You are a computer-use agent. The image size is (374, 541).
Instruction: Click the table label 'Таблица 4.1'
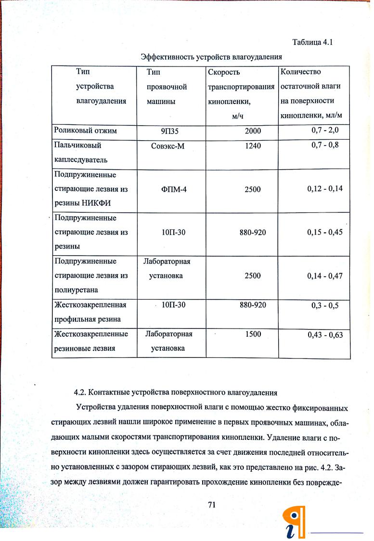[312, 42]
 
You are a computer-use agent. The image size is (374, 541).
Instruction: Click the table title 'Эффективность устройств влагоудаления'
[211, 57]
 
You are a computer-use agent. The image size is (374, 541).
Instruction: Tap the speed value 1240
[252, 145]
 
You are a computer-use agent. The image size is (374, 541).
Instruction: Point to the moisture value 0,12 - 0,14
[325, 188]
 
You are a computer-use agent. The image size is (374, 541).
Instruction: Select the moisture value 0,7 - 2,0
[325, 130]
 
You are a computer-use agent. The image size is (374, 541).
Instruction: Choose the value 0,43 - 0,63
[325, 335]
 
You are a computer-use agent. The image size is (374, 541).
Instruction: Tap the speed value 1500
[253, 334]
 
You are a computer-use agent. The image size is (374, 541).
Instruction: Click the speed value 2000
[253, 131]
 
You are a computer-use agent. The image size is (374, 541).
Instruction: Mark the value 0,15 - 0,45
[325, 232]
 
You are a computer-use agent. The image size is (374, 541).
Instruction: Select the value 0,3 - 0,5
[325, 305]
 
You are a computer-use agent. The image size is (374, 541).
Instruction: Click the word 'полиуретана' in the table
[76, 290]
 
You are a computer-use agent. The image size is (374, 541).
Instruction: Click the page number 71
[211, 504]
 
